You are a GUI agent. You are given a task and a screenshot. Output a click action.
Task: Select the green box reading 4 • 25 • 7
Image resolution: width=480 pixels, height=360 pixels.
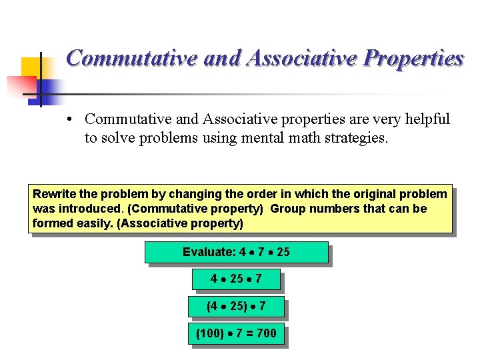(x=236, y=279)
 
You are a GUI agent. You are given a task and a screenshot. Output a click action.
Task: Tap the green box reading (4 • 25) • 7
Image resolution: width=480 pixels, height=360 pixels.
(x=236, y=306)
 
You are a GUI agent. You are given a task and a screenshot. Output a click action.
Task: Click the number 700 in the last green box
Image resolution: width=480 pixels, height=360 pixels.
(x=266, y=333)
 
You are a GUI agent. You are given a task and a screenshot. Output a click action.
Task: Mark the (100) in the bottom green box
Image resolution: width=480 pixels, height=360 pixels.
(x=210, y=333)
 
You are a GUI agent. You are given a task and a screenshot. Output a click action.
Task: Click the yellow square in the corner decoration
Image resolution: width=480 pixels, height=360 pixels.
(x=31, y=67)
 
